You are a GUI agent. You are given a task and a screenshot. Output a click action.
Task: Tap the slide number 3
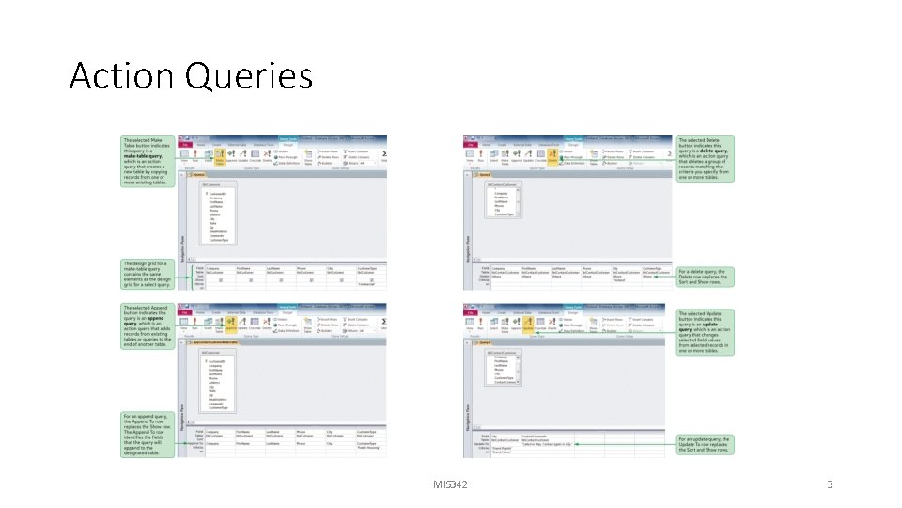click(x=830, y=484)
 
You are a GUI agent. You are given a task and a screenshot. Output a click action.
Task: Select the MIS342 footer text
click(x=450, y=484)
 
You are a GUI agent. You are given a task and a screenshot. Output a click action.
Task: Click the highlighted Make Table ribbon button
click(x=219, y=157)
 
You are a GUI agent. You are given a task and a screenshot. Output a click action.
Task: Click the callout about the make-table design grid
click(x=147, y=274)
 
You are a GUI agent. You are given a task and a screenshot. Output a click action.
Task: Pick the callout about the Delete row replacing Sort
click(x=705, y=275)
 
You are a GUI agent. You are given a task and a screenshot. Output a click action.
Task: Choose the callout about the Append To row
click(x=147, y=435)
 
